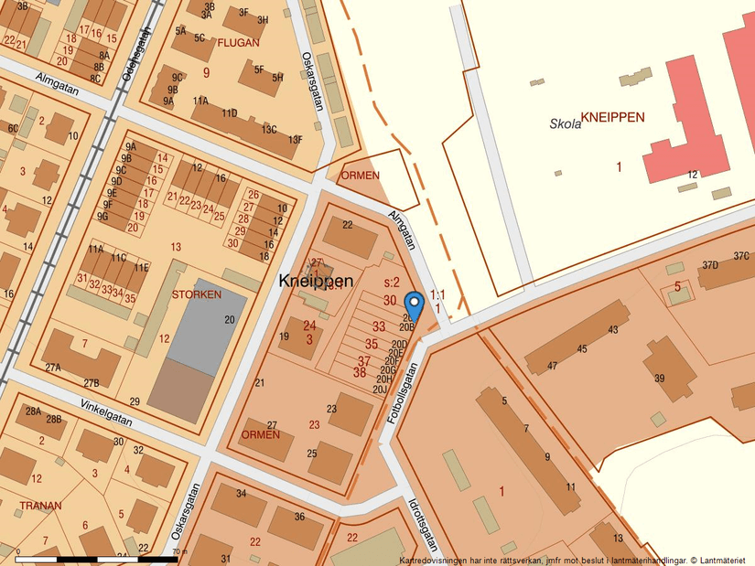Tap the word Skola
tap(566, 124)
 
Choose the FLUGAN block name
tap(239, 42)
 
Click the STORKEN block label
tap(196, 294)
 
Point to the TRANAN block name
tap(40, 505)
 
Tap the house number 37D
tap(710, 265)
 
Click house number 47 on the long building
tap(552, 367)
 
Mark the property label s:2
tap(392, 283)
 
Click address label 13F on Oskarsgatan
tap(295, 140)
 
